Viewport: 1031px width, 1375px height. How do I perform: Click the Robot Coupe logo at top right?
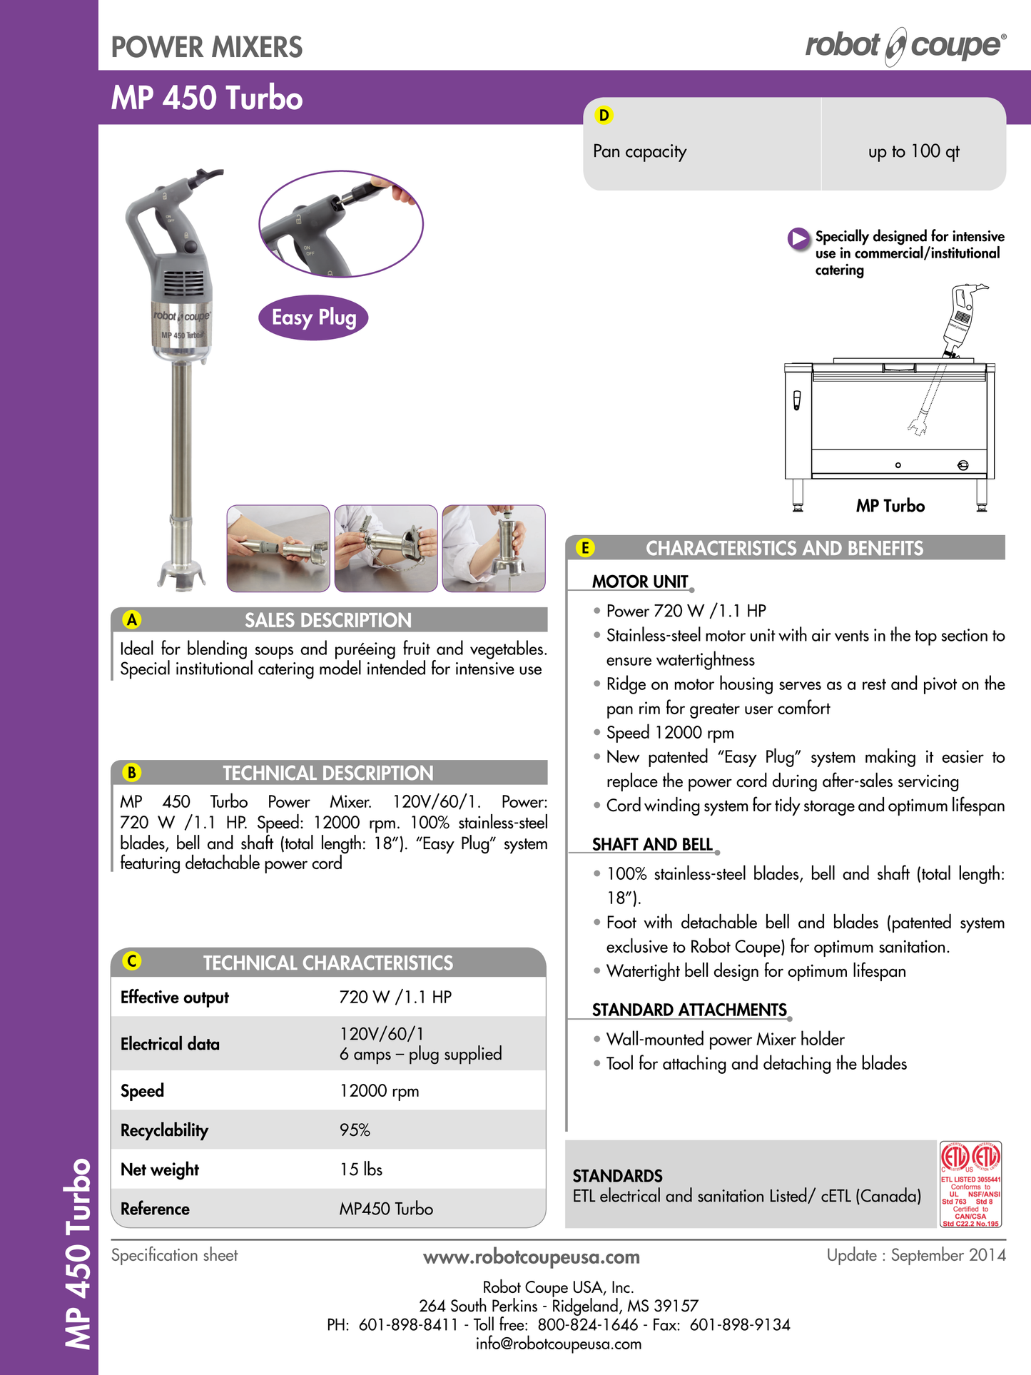905,46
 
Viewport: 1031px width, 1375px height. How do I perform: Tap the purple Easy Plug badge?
313,318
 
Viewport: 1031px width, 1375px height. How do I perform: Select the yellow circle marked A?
132,619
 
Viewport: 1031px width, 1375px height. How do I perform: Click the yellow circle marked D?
604,115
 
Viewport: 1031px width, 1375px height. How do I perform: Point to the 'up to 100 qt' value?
913,151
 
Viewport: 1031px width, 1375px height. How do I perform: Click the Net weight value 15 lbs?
361,1169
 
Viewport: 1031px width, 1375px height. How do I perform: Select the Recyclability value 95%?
355,1130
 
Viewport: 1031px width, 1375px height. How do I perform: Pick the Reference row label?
155,1209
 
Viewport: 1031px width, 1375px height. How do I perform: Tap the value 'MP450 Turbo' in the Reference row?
386,1209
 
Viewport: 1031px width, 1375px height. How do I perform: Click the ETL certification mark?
970,1184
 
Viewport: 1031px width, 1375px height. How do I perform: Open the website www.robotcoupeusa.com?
531,1257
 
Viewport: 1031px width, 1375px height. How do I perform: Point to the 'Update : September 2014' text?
915,1255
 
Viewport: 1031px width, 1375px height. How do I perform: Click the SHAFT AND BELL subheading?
652,844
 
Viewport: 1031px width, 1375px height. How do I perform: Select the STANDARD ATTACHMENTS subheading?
689,1010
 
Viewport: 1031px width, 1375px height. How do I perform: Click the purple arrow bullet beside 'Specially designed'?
798,238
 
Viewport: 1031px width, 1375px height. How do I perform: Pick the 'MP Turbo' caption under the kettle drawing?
890,506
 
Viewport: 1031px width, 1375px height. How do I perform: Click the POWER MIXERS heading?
207,47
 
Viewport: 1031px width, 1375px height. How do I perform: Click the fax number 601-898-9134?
740,1325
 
